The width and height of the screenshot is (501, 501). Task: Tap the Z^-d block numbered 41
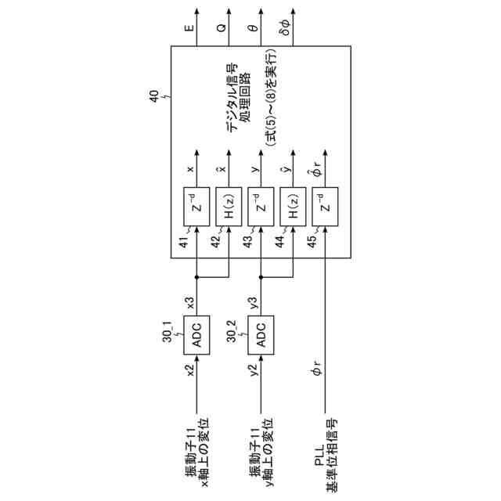pyautogui.click(x=196, y=206)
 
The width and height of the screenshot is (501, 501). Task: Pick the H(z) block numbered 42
pyautogui.click(x=229, y=206)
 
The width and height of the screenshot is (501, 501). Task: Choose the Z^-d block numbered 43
pyautogui.click(x=261, y=206)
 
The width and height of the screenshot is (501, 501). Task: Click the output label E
pyautogui.click(x=189, y=29)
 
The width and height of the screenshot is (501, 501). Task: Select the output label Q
pyautogui.click(x=222, y=29)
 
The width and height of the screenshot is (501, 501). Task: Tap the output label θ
pyautogui.click(x=252, y=29)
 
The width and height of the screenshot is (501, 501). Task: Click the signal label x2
pyautogui.click(x=189, y=370)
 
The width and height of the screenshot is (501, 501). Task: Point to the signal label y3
pyautogui.click(x=253, y=301)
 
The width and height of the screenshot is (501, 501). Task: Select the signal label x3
pyautogui.click(x=189, y=301)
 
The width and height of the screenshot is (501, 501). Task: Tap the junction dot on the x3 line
pyautogui.click(x=196, y=276)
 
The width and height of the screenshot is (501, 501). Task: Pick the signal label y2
pyautogui.click(x=253, y=370)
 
